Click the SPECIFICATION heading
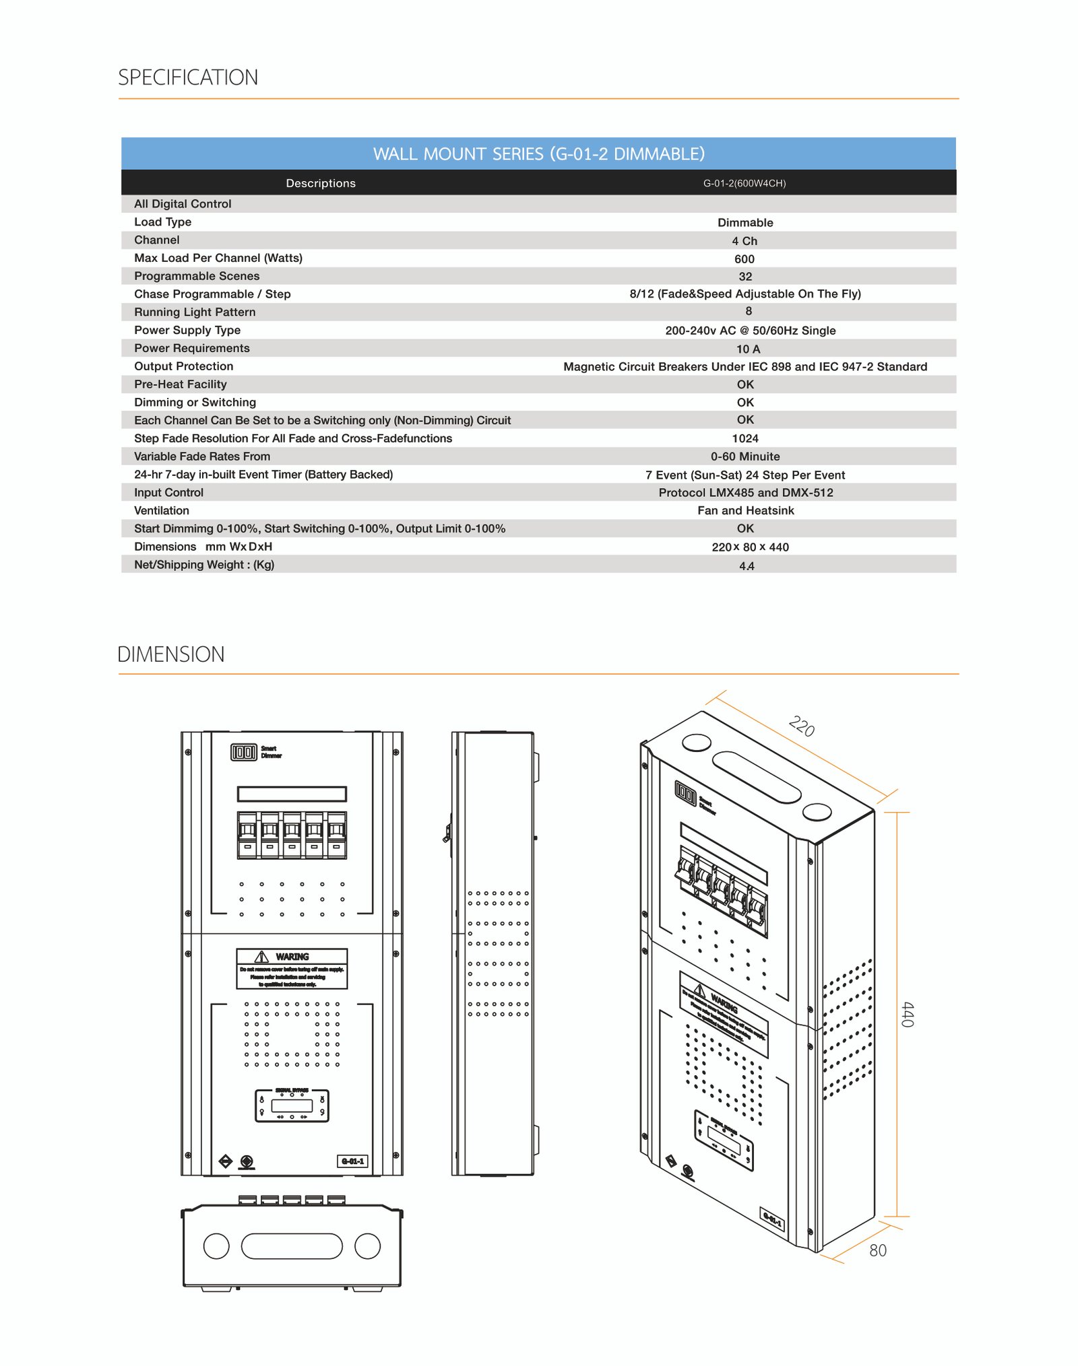(x=188, y=77)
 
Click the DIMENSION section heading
(x=171, y=654)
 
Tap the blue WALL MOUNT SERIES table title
(x=538, y=154)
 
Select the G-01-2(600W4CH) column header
(x=744, y=183)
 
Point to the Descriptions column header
(x=321, y=183)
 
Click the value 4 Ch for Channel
(x=744, y=241)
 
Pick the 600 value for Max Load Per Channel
(x=744, y=259)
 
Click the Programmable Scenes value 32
(x=745, y=277)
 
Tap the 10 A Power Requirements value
(x=748, y=349)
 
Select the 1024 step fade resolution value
(x=745, y=439)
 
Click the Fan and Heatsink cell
(x=745, y=511)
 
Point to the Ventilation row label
(x=162, y=511)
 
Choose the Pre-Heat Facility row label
(x=181, y=384)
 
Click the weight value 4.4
(x=747, y=566)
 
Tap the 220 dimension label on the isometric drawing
(x=802, y=727)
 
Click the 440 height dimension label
(x=908, y=1015)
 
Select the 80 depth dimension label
(x=877, y=1251)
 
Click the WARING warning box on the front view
(x=292, y=969)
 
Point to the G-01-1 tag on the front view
(x=352, y=1161)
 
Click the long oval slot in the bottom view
(x=292, y=1246)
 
